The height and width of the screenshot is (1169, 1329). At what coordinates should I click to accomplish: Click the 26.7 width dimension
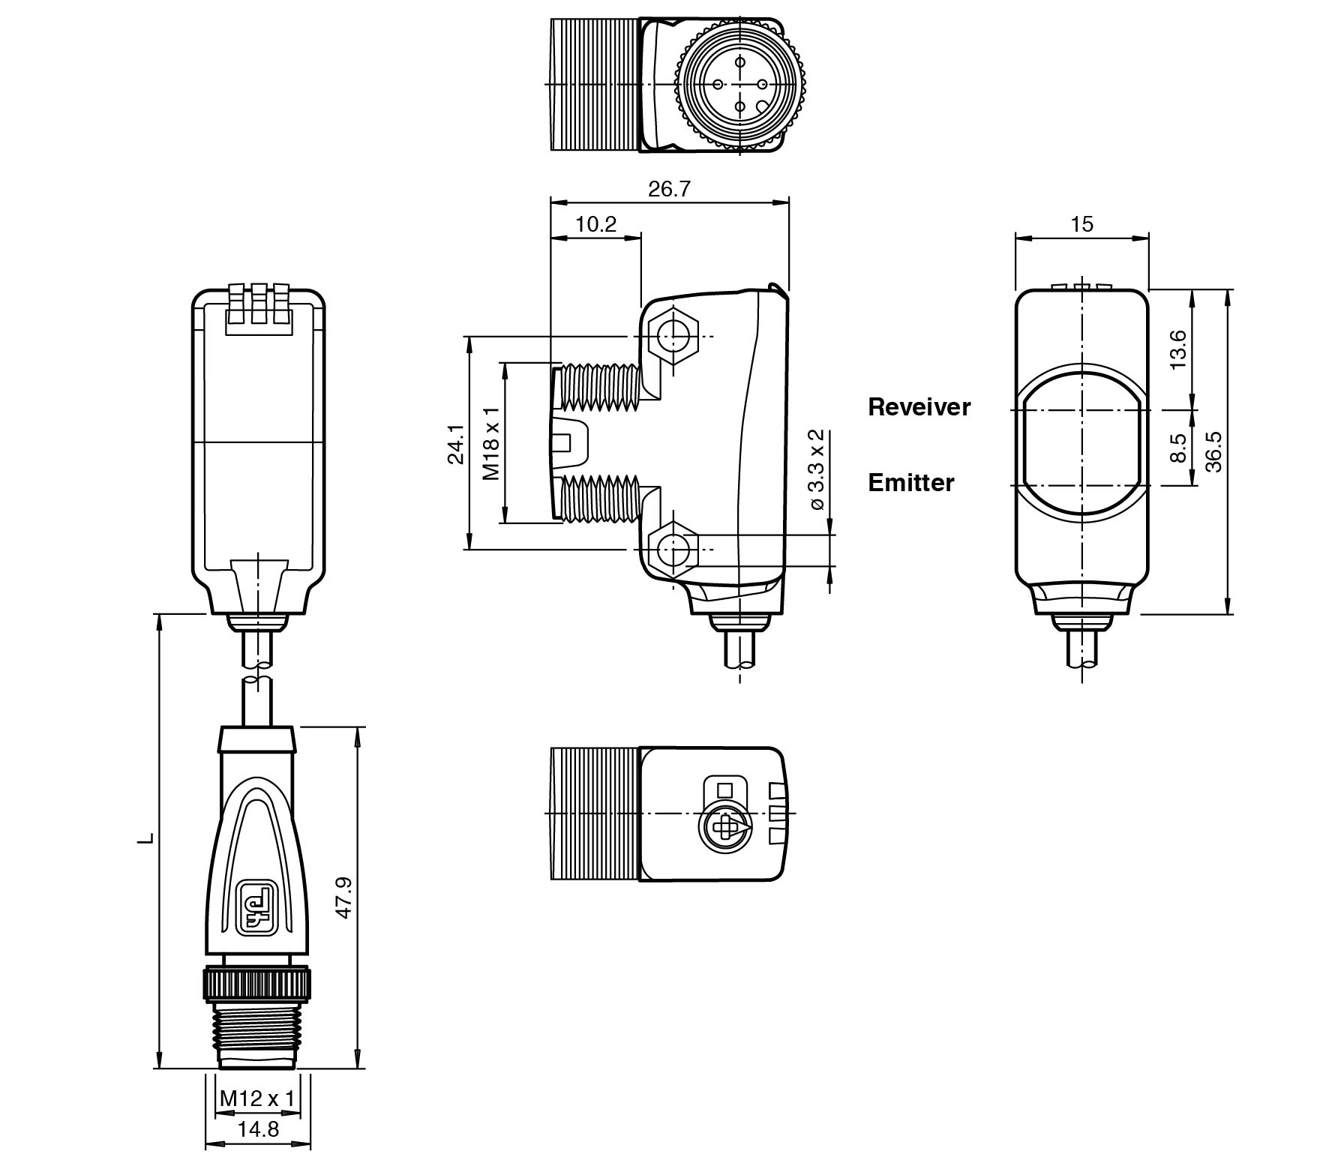click(x=668, y=189)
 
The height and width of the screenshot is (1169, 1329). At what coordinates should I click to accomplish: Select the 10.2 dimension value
click(x=595, y=224)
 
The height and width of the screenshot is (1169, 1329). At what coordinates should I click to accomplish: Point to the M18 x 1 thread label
click(x=491, y=444)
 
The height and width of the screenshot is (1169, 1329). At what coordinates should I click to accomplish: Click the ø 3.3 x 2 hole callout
click(x=817, y=470)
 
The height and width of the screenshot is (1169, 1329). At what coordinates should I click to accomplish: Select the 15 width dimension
click(x=1081, y=224)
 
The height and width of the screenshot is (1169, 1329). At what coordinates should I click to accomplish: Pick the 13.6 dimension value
click(x=1178, y=349)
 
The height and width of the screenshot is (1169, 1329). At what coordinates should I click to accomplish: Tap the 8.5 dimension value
click(x=1178, y=448)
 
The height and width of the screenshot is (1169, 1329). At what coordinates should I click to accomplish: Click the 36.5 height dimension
click(x=1214, y=451)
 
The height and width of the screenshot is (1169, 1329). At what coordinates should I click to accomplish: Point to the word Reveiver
click(x=919, y=407)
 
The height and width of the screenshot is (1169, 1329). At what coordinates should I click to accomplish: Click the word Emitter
click(x=910, y=483)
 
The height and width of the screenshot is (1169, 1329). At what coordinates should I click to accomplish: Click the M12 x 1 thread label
click(x=257, y=1099)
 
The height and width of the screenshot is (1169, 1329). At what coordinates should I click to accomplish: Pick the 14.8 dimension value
click(x=258, y=1129)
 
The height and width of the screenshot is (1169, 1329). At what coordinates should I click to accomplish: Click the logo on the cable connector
click(x=256, y=907)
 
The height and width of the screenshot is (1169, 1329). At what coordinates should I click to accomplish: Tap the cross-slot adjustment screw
click(x=724, y=829)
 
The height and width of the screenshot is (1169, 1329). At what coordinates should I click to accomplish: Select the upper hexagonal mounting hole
click(x=672, y=334)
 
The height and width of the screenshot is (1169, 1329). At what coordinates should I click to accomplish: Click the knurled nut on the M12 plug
click(x=257, y=981)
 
